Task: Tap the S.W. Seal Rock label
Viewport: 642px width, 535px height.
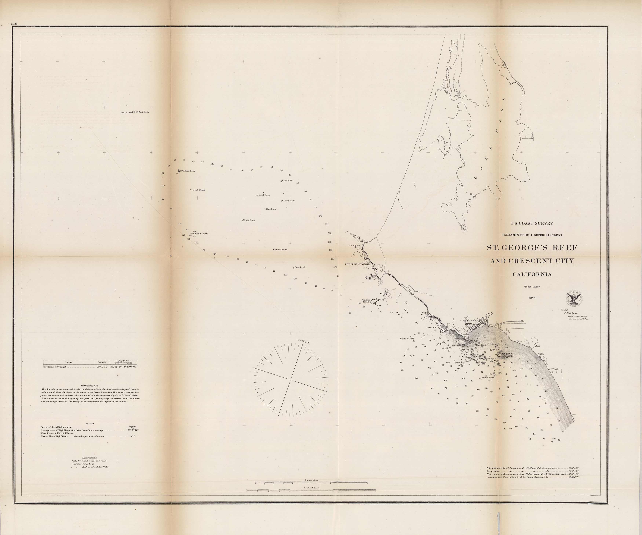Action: tap(187, 171)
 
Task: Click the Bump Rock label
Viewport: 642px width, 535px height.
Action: tap(281, 249)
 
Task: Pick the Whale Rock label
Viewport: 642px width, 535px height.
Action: tap(249, 220)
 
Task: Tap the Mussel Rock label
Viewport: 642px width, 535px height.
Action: tap(263, 195)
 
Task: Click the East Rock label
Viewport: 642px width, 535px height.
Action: tap(287, 181)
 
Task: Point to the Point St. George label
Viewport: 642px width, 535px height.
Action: tap(357, 264)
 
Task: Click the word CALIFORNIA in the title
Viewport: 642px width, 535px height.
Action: tap(532, 274)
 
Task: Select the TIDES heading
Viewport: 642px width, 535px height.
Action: tap(90, 423)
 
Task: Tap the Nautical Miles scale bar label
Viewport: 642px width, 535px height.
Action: tap(311, 488)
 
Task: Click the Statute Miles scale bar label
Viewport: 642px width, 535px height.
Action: tap(311, 480)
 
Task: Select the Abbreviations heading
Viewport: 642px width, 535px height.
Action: tap(89, 458)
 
